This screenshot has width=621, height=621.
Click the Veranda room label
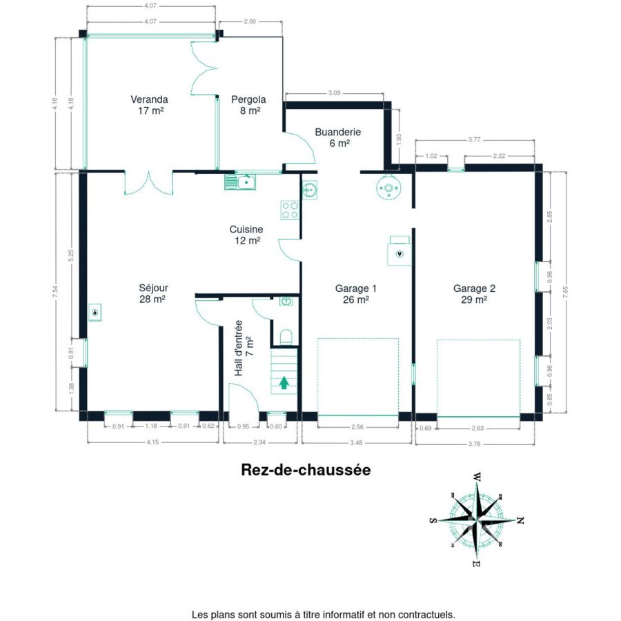(149, 105)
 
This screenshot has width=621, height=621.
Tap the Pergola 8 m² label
(248, 105)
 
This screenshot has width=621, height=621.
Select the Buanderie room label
(338, 137)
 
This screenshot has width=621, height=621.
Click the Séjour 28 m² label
(153, 293)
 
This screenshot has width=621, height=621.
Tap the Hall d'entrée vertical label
(238, 348)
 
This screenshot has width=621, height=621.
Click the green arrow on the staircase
(284, 382)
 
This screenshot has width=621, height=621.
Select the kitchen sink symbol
(240, 181)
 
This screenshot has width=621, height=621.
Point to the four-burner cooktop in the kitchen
(290, 210)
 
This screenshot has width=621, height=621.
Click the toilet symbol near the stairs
(286, 337)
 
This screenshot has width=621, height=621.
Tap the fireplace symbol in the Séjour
(95, 313)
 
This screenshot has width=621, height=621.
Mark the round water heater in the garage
(388, 188)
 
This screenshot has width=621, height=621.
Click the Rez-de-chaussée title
(306, 470)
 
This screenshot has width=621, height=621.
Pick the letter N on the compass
(521, 520)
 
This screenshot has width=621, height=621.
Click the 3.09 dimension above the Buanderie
(334, 93)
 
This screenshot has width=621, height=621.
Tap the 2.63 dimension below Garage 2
(478, 428)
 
